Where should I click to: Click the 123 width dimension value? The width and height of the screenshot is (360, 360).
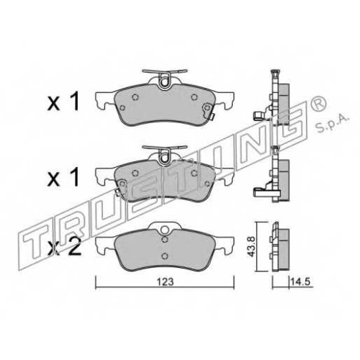(165, 282)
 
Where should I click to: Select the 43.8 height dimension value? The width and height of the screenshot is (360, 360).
(251, 246)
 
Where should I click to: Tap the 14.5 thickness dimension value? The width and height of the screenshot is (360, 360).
(300, 282)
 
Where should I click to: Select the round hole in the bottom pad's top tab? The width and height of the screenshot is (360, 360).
(164, 230)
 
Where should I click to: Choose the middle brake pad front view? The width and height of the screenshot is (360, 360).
(165, 174)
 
